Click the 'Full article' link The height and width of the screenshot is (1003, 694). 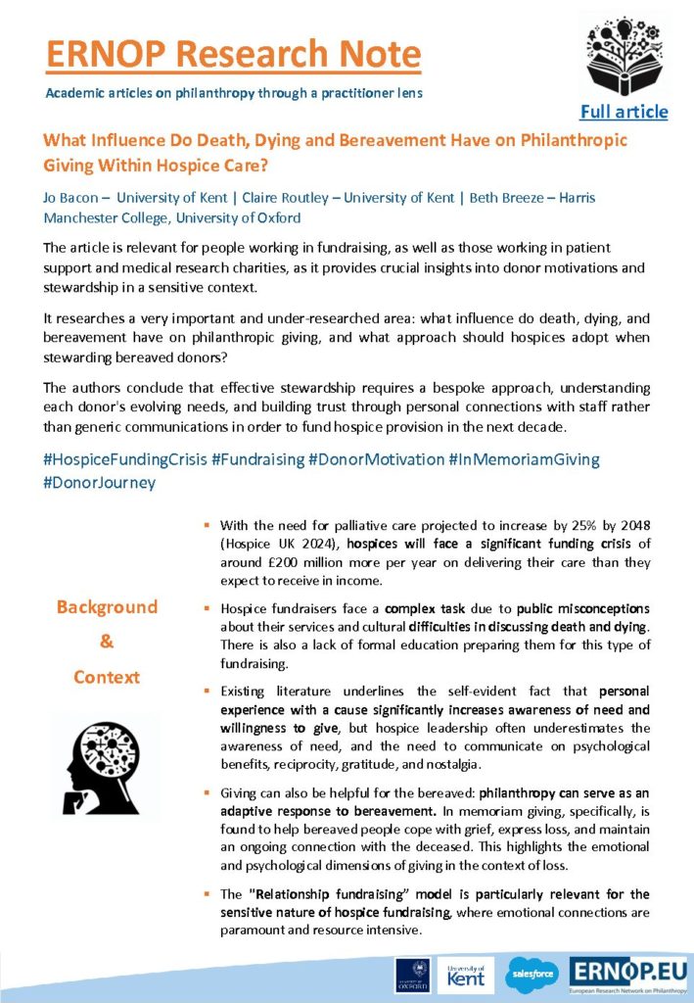point(624,111)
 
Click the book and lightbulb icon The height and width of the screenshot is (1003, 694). point(624,56)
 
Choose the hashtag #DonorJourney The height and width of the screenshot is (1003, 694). point(99,483)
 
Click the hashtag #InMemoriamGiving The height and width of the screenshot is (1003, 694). point(524,458)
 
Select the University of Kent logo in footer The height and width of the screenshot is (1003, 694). point(465,974)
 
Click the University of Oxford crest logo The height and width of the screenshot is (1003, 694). point(412,975)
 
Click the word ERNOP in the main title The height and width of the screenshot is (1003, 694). point(98,53)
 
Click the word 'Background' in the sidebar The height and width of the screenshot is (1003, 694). point(107,607)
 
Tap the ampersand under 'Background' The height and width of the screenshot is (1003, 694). point(107,643)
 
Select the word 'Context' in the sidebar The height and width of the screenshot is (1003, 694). point(107,677)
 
